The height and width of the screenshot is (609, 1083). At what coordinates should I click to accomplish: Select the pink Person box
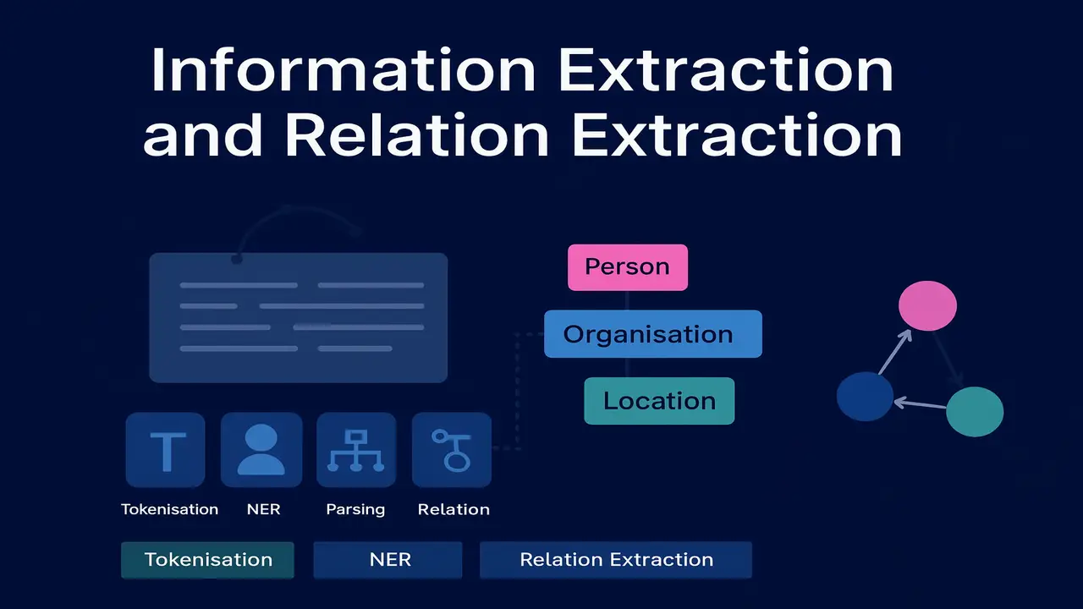pyautogui.click(x=627, y=267)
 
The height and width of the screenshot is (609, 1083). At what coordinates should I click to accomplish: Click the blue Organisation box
pyautogui.click(x=652, y=334)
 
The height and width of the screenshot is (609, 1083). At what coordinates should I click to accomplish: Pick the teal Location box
pyautogui.click(x=659, y=401)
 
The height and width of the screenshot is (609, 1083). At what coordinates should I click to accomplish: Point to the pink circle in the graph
pyautogui.click(x=926, y=305)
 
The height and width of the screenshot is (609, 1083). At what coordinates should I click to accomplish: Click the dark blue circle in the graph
pyautogui.click(x=865, y=397)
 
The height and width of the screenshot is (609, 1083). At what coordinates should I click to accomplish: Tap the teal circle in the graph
pyautogui.click(x=974, y=412)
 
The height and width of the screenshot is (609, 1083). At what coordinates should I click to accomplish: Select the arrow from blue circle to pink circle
pyautogui.click(x=896, y=351)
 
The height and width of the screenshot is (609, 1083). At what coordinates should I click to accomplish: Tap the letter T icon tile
pyautogui.click(x=165, y=450)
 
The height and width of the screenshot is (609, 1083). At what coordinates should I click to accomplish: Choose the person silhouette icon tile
pyautogui.click(x=261, y=450)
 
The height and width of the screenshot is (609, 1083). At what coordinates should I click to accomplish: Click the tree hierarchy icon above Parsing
pyautogui.click(x=356, y=450)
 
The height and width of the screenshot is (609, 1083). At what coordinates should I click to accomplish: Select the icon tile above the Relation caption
pyautogui.click(x=452, y=450)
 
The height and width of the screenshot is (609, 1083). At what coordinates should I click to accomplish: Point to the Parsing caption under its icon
pyautogui.click(x=355, y=509)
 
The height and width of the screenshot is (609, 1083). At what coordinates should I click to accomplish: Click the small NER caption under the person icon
pyautogui.click(x=263, y=509)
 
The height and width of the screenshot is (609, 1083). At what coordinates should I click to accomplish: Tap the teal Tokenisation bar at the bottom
pyautogui.click(x=208, y=560)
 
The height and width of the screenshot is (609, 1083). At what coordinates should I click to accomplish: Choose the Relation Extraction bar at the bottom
pyautogui.click(x=616, y=560)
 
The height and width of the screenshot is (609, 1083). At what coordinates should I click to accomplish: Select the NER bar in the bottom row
pyautogui.click(x=389, y=560)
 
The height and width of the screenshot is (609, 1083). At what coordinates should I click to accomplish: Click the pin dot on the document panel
pyautogui.click(x=237, y=259)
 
